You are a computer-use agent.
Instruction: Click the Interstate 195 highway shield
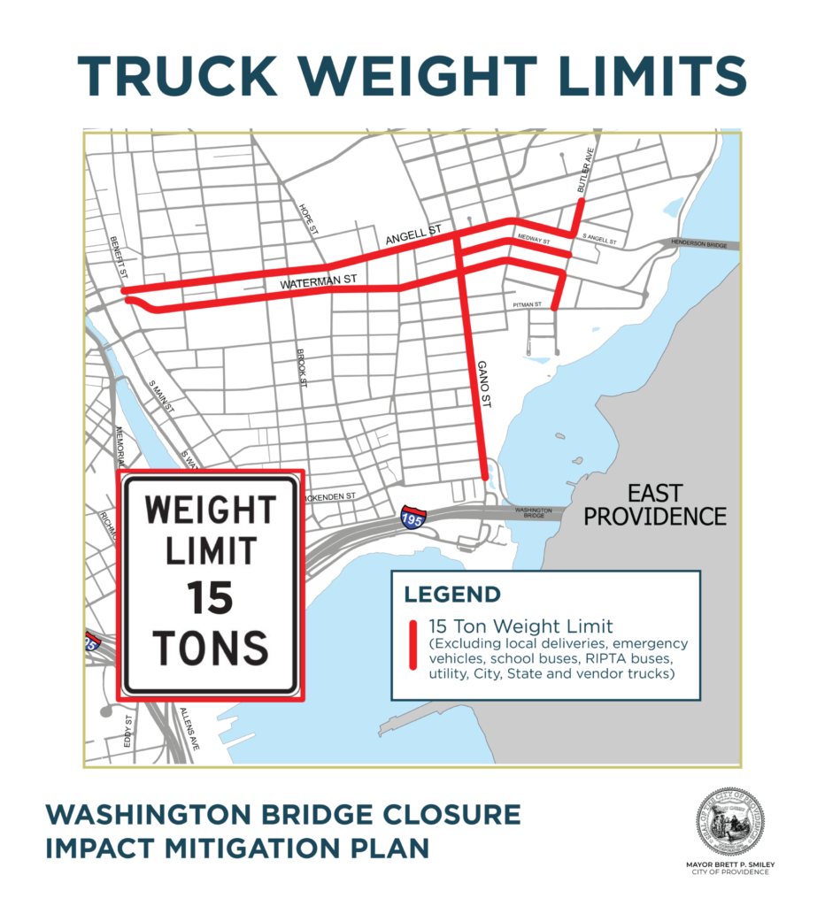pos(412,517)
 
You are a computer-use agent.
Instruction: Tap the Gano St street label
pos(485,383)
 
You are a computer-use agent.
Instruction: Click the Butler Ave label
pos(582,177)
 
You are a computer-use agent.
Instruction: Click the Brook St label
pos(303,368)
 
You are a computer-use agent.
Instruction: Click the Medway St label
pos(535,240)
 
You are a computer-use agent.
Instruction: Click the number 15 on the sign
pos(210,600)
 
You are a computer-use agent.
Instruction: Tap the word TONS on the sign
pos(210,648)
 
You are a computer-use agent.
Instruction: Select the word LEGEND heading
pos(451,595)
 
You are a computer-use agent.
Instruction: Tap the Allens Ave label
pos(188,729)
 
